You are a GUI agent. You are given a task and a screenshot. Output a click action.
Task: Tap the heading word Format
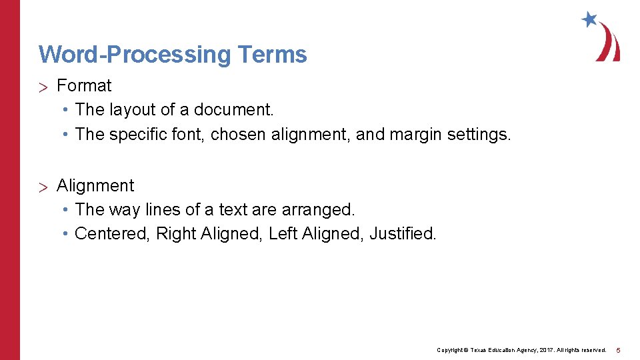click(x=84, y=86)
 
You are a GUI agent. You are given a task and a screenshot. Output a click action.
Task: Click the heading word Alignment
click(x=95, y=186)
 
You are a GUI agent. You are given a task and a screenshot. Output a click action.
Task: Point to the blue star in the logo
click(x=589, y=19)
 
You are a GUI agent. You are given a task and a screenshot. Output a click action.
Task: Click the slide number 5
click(x=618, y=350)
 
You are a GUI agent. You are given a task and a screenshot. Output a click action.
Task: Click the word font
click(x=192, y=135)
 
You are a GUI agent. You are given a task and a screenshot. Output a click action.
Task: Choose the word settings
click(x=479, y=135)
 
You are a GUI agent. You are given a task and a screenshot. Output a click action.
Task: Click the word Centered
click(x=112, y=234)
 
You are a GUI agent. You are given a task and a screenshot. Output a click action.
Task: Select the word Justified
click(x=403, y=234)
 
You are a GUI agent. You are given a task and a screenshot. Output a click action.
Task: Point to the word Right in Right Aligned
click(x=173, y=234)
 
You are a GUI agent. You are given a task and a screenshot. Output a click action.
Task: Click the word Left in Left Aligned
click(x=283, y=234)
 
